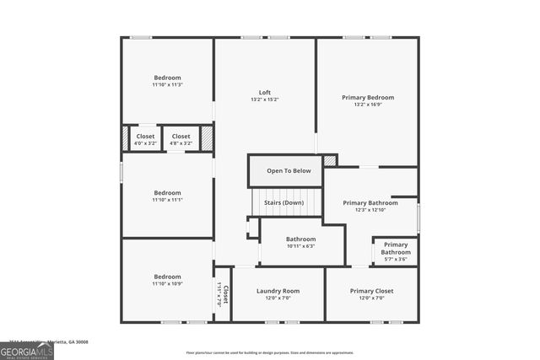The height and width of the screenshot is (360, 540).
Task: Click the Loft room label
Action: pos(264,93)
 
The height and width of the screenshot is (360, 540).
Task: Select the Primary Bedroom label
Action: pos(367,98)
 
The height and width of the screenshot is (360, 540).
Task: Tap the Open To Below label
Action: pos(289,171)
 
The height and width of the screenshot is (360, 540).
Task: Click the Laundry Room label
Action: pos(278,291)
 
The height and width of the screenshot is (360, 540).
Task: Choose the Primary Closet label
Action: pos(371,291)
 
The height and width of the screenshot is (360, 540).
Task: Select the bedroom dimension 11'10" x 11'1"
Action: pos(167,200)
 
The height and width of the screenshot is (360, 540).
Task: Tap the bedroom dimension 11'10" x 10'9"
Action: pos(167,284)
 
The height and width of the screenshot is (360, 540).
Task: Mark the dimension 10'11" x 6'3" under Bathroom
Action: pos(300,246)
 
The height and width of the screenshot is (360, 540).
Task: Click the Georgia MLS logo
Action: pos(27,350)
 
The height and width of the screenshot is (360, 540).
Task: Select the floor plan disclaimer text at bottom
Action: pos(270,352)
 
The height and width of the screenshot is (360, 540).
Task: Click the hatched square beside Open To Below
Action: pos(330,159)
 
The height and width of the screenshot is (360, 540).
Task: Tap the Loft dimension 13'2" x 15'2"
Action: pos(264,100)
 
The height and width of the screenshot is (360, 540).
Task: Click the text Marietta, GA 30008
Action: pos(69,341)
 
